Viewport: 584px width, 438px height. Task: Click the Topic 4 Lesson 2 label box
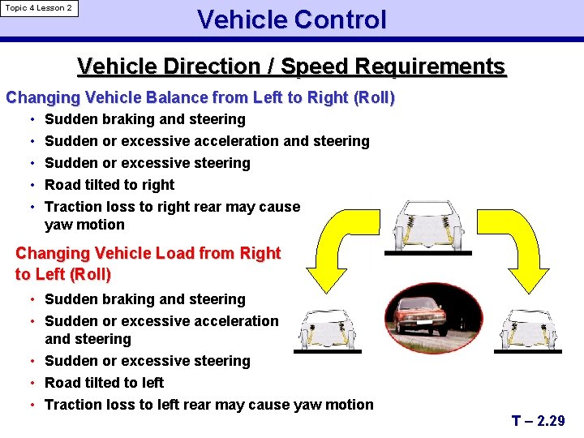[39, 9]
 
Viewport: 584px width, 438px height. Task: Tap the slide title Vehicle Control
[291, 19]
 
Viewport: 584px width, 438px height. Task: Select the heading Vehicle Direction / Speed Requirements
[291, 67]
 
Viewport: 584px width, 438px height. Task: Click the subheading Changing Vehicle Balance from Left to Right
[200, 98]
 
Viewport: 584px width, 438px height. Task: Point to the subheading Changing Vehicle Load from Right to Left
[148, 264]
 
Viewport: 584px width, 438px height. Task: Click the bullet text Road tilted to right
[109, 184]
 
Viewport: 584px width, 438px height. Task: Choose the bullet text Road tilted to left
[104, 382]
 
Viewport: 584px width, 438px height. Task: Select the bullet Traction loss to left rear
[209, 404]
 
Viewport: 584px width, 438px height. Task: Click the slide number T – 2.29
[539, 420]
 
